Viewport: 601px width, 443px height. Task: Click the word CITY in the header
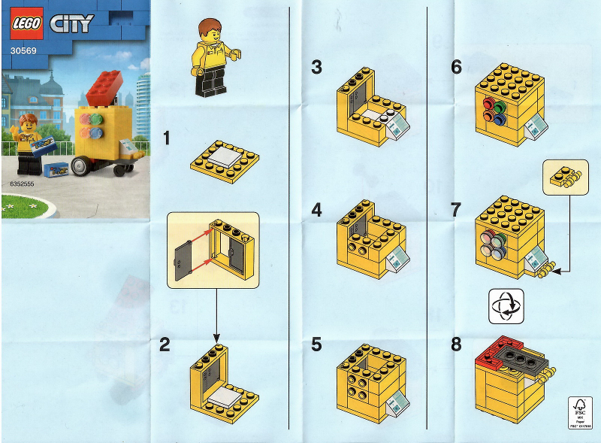pos(71,24)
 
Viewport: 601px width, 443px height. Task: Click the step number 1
pos(167,138)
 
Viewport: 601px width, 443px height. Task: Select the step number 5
pos(316,344)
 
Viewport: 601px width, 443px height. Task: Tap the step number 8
pos(456,344)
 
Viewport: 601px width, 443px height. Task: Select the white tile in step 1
pos(225,154)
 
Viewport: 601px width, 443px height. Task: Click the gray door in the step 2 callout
pos(183,256)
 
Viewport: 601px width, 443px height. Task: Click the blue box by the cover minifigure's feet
pos(55,169)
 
